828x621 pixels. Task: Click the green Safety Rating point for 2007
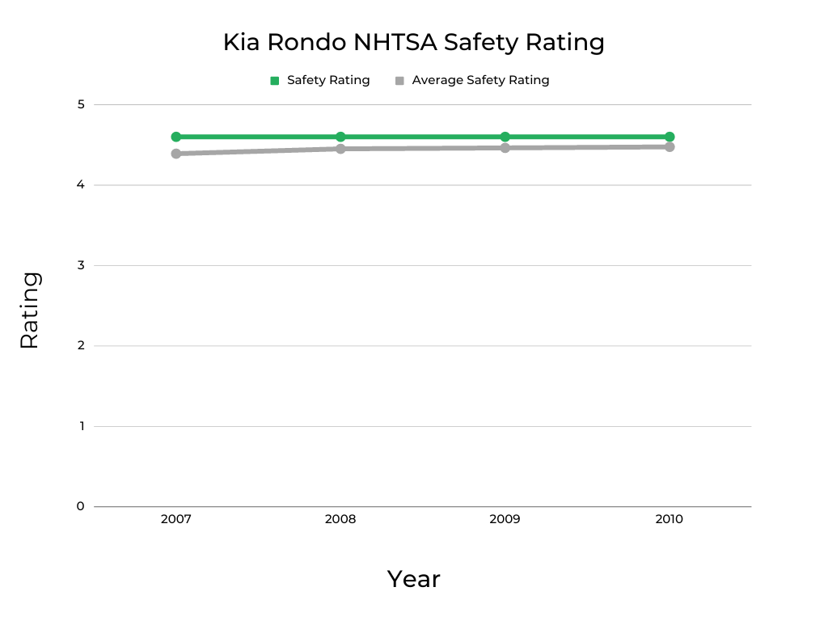click(175, 137)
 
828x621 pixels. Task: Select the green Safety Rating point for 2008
click(340, 137)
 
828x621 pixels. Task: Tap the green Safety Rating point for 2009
click(505, 137)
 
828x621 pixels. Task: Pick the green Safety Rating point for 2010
click(670, 137)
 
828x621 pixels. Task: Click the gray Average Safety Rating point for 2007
click(175, 154)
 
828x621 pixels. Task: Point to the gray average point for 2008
click(340, 149)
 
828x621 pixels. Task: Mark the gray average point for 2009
click(505, 148)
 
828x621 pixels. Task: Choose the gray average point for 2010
click(670, 146)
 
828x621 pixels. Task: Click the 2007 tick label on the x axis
click(175, 519)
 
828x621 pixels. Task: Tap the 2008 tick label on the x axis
click(340, 519)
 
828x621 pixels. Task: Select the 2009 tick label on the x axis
click(505, 519)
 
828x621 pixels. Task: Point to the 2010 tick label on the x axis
click(670, 519)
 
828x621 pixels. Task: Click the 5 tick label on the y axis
click(81, 104)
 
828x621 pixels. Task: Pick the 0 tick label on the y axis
click(81, 506)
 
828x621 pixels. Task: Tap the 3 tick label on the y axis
click(81, 265)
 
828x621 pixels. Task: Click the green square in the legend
click(275, 81)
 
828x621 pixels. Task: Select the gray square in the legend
click(399, 81)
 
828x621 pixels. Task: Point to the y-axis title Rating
click(30, 310)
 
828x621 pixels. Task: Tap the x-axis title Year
click(413, 579)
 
